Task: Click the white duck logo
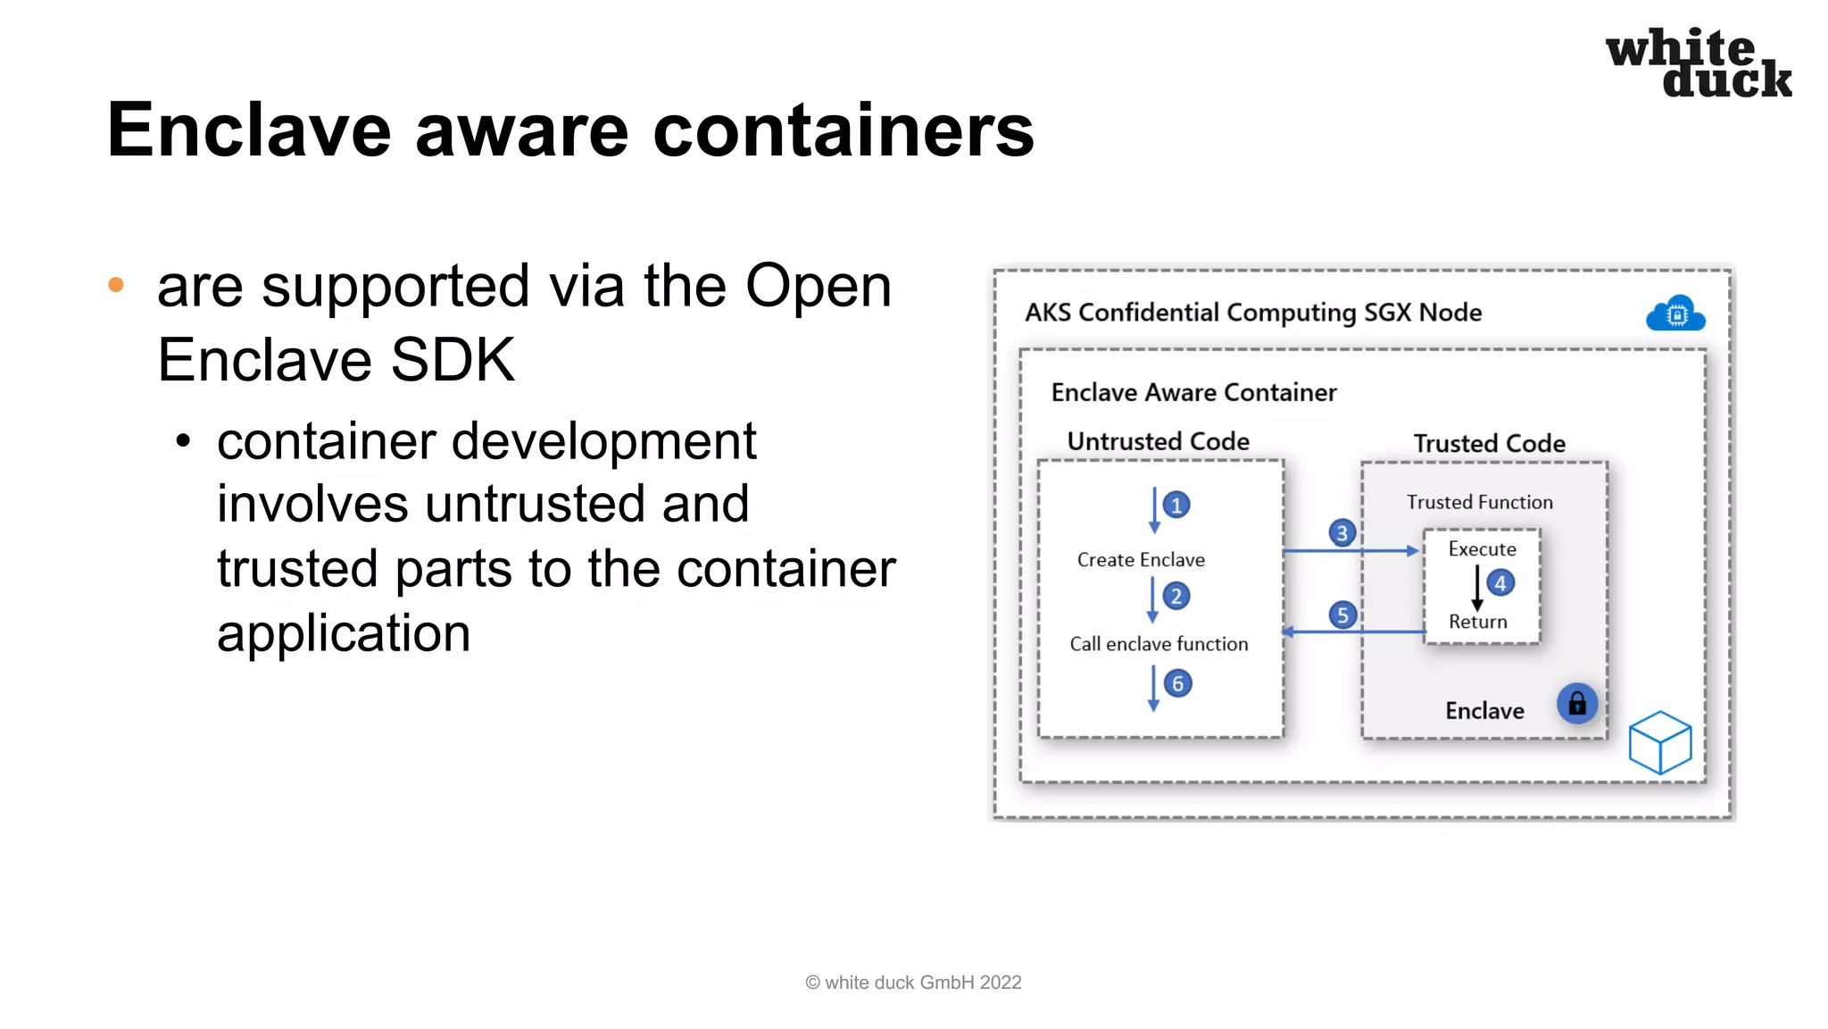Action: (1698, 63)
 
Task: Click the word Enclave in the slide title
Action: (249, 130)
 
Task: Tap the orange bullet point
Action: (116, 285)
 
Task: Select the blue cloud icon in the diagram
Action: (1675, 314)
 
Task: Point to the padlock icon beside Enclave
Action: (1577, 704)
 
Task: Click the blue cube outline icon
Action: (1659, 742)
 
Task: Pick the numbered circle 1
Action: (1176, 505)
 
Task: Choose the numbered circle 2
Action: (1176, 596)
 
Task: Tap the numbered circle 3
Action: (1342, 533)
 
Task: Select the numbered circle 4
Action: (1500, 583)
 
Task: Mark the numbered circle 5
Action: (1342, 615)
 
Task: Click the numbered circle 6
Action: (1177, 683)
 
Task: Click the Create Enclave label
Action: (1141, 560)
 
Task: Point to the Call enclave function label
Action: (1159, 644)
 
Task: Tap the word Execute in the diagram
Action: (1482, 549)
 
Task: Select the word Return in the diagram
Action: (1477, 622)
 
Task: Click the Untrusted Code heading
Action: (1158, 441)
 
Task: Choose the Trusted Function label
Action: (1479, 502)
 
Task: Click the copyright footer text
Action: (913, 983)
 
